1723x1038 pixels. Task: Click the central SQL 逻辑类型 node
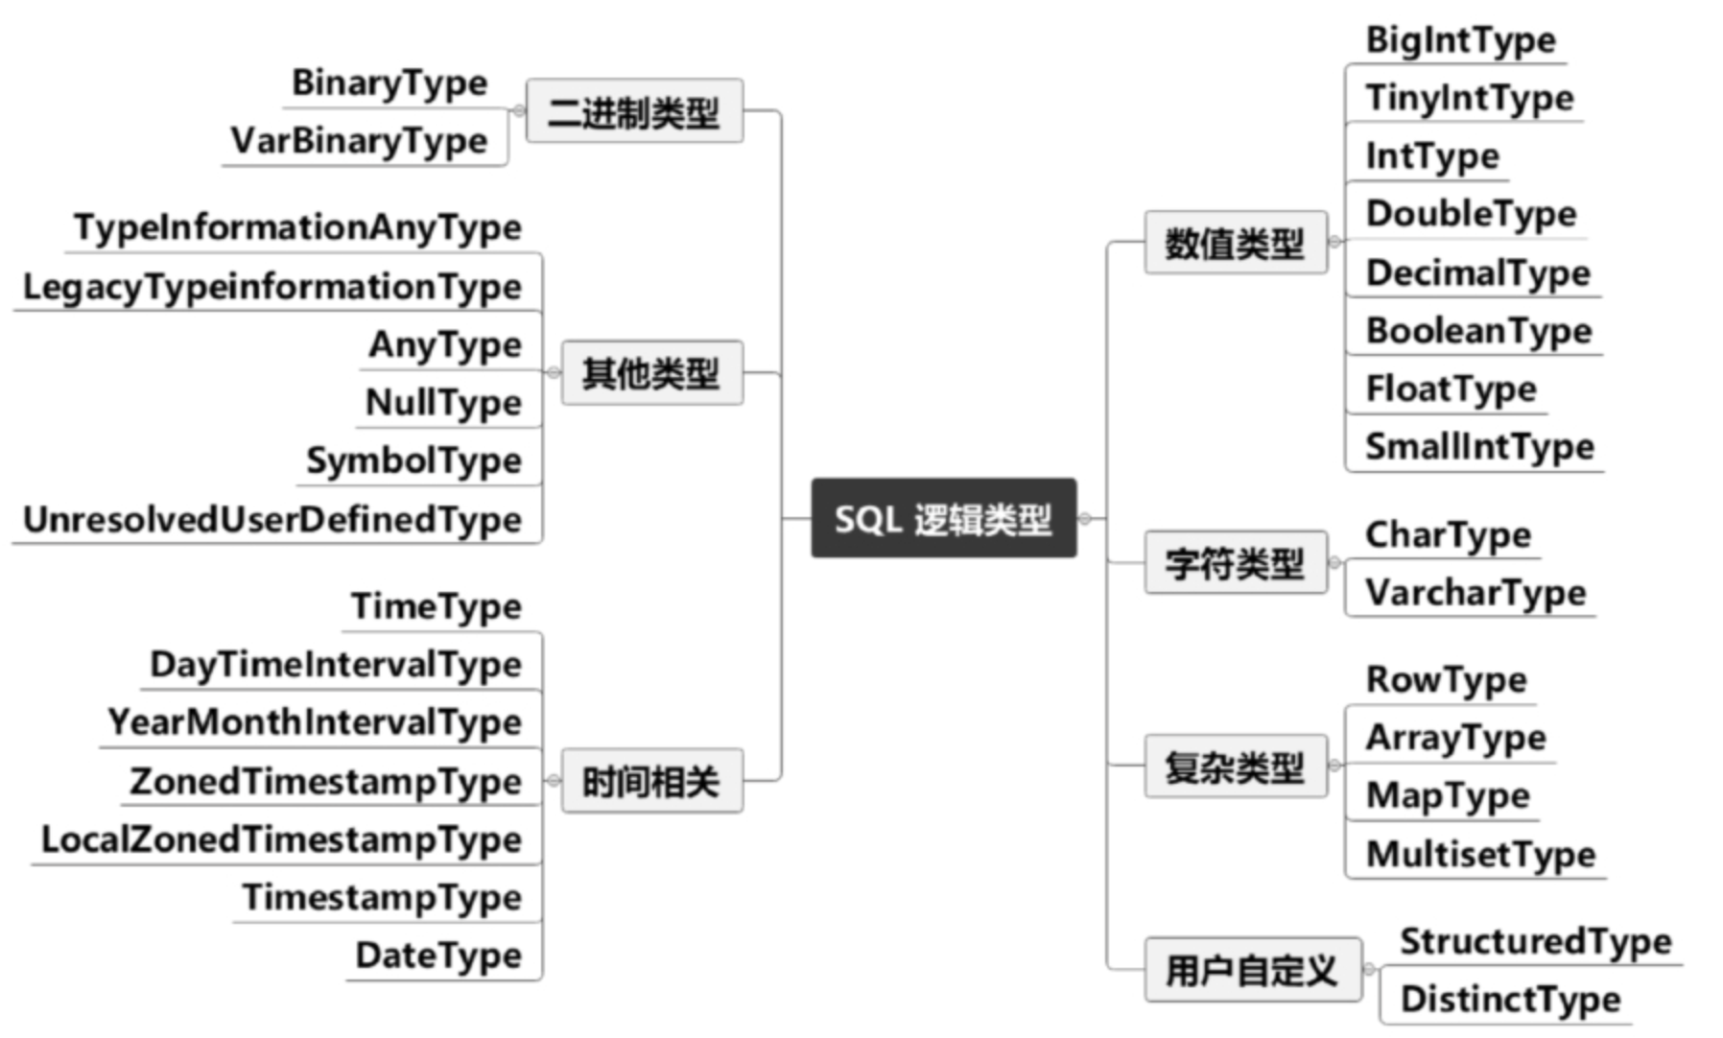(944, 518)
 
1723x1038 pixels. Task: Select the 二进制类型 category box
(635, 111)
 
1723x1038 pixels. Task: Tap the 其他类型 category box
(652, 372)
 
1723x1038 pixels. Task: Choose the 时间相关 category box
(652, 781)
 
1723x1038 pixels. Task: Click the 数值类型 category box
(1236, 243)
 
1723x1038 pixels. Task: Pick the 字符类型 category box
(1236, 562)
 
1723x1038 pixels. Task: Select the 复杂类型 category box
(1236, 767)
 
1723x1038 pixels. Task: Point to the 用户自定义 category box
(1253, 970)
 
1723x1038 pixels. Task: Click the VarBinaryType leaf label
(360, 141)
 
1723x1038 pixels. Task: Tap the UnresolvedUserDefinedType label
(272, 519)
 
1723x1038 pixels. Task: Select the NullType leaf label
(444, 403)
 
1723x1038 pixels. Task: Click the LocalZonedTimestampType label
(282, 839)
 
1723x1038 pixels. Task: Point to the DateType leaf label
(439, 955)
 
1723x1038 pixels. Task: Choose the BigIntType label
(1461, 40)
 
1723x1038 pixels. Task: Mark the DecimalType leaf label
(1478, 272)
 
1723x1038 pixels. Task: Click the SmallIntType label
(1480, 447)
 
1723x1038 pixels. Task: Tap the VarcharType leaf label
(1475, 593)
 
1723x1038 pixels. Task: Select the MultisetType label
(1481, 854)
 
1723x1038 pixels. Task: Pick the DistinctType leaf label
(1511, 1000)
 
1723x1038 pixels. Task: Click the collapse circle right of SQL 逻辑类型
(1085, 519)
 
